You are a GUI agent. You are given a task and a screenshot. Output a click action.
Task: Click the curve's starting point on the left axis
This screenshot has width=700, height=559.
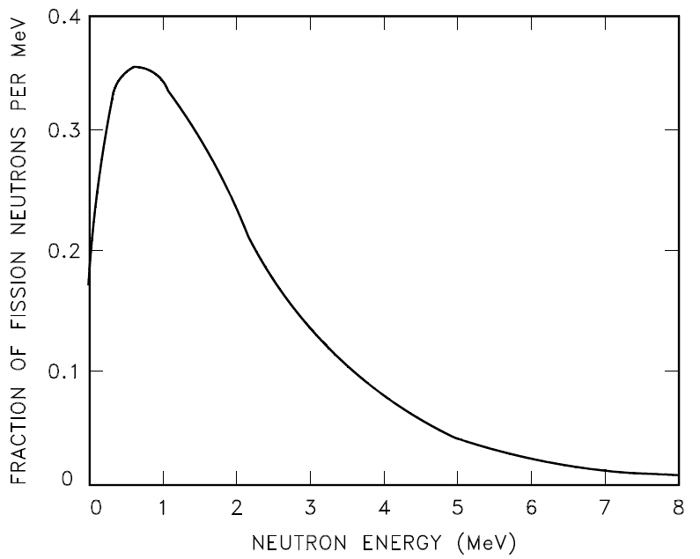pyautogui.click(x=88, y=283)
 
